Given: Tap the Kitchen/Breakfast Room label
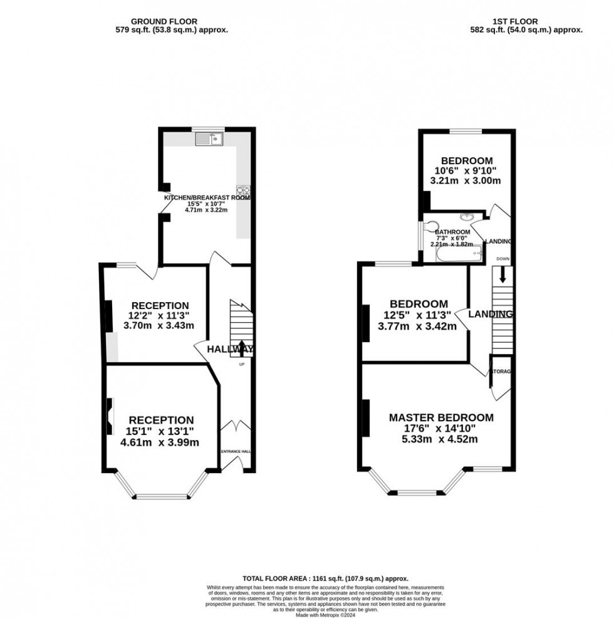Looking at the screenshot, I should tap(206, 197).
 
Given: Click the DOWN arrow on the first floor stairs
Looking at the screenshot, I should tap(501, 275).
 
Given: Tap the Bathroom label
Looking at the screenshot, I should tap(452, 232).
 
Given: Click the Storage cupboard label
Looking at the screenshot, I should tap(501, 372).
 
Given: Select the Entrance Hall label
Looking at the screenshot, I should tap(235, 451).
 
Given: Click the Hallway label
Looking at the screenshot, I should tap(230, 349).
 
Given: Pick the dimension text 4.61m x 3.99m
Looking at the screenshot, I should tap(161, 443).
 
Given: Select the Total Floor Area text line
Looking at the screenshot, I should tap(325, 579).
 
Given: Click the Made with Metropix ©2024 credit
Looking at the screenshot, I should tap(325, 614).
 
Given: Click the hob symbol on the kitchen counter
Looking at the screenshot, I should tap(242, 191).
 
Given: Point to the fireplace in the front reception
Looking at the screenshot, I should tap(110, 416).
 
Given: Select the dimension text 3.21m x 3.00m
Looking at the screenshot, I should tap(466, 181).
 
